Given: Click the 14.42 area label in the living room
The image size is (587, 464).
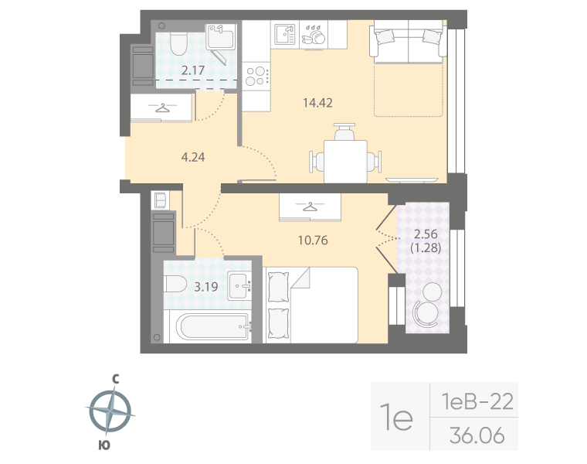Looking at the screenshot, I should (319, 101).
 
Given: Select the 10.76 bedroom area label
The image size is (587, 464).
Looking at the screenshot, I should (313, 240).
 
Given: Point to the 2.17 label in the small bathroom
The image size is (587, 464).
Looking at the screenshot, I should (192, 70).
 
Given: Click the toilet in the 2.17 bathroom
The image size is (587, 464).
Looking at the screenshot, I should (177, 44).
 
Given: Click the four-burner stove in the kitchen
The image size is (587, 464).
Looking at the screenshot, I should (256, 76).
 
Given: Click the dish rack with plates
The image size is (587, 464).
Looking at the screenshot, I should (314, 35).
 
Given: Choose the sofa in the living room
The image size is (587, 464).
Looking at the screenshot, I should (408, 44).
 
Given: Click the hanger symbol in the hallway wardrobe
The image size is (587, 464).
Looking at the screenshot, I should (161, 107).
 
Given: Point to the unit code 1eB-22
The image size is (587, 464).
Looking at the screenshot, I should (476, 401).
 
